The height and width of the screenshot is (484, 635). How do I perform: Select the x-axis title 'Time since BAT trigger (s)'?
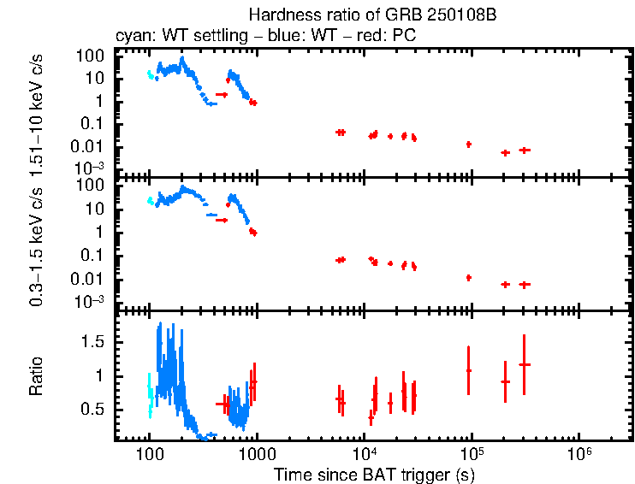[x=373, y=473]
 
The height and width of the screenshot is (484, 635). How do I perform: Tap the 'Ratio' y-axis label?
[x=37, y=375]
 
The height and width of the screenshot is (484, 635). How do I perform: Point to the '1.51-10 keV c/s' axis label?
[x=37, y=110]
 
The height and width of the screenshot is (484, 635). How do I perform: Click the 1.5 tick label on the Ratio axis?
[x=95, y=341]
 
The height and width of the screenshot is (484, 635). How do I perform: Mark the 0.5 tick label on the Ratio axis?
[x=95, y=410]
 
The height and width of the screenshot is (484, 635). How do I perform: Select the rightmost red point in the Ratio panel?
[x=524, y=364]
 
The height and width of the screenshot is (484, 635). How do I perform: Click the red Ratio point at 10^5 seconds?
[x=468, y=370]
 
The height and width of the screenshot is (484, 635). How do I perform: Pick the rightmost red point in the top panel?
[x=525, y=150]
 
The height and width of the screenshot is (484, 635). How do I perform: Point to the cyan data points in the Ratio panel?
[x=151, y=395]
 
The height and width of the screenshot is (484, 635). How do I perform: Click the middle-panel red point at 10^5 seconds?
[x=468, y=277]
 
